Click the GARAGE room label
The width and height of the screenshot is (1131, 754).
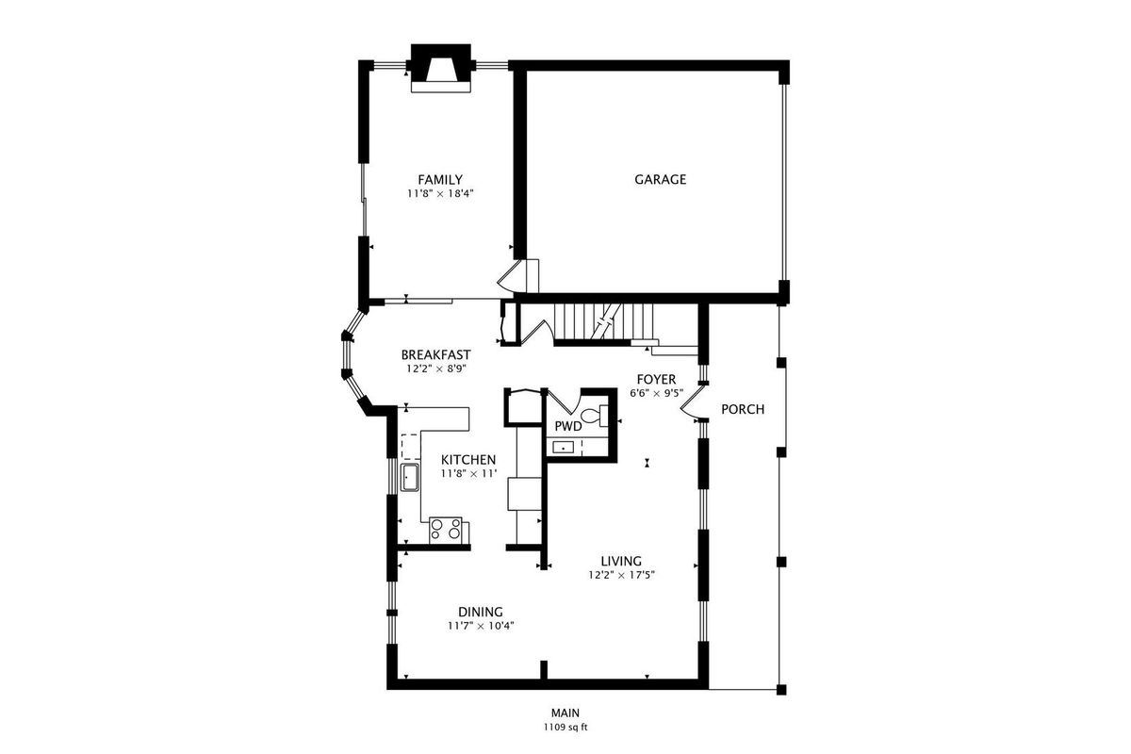click(x=660, y=180)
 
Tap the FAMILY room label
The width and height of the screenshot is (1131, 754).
click(x=440, y=180)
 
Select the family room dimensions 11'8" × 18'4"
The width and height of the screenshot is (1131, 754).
click(x=440, y=193)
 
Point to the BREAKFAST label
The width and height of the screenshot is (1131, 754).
click(x=435, y=355)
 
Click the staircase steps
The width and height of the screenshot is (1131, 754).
click(x=603, y=322)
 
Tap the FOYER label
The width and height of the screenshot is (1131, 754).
click(x=656, y=379)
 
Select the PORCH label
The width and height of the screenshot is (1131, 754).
click(x=743, y=410)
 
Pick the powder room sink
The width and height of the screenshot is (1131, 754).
click(x=563, y=448)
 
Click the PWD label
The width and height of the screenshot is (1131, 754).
click(x=568, y=427)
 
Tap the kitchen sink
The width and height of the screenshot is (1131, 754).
click(x=410, y=477)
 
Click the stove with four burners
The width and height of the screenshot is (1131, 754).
click(x=445, y=531)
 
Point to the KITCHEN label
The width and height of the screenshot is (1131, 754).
click(x=468, y=460)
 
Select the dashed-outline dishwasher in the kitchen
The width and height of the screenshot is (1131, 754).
click(x=410, y=447)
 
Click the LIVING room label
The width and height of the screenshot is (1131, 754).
click(x=621, y=561)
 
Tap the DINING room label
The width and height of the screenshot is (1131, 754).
click(x=481, y=612)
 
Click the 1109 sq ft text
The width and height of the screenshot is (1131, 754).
click(x=565, y=728)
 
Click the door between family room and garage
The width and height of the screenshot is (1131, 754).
click(x=511, y=277)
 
